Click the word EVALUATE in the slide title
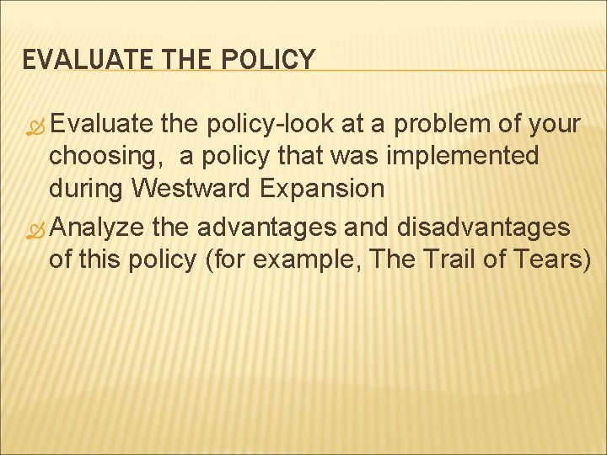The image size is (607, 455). [x=68, y=59]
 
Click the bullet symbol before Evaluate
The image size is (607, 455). [x=35, y=126]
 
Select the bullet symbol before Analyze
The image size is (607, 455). [x=35, y=229]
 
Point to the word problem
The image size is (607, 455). [x=434, y=125]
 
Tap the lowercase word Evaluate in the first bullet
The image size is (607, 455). [x=101, y=125]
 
